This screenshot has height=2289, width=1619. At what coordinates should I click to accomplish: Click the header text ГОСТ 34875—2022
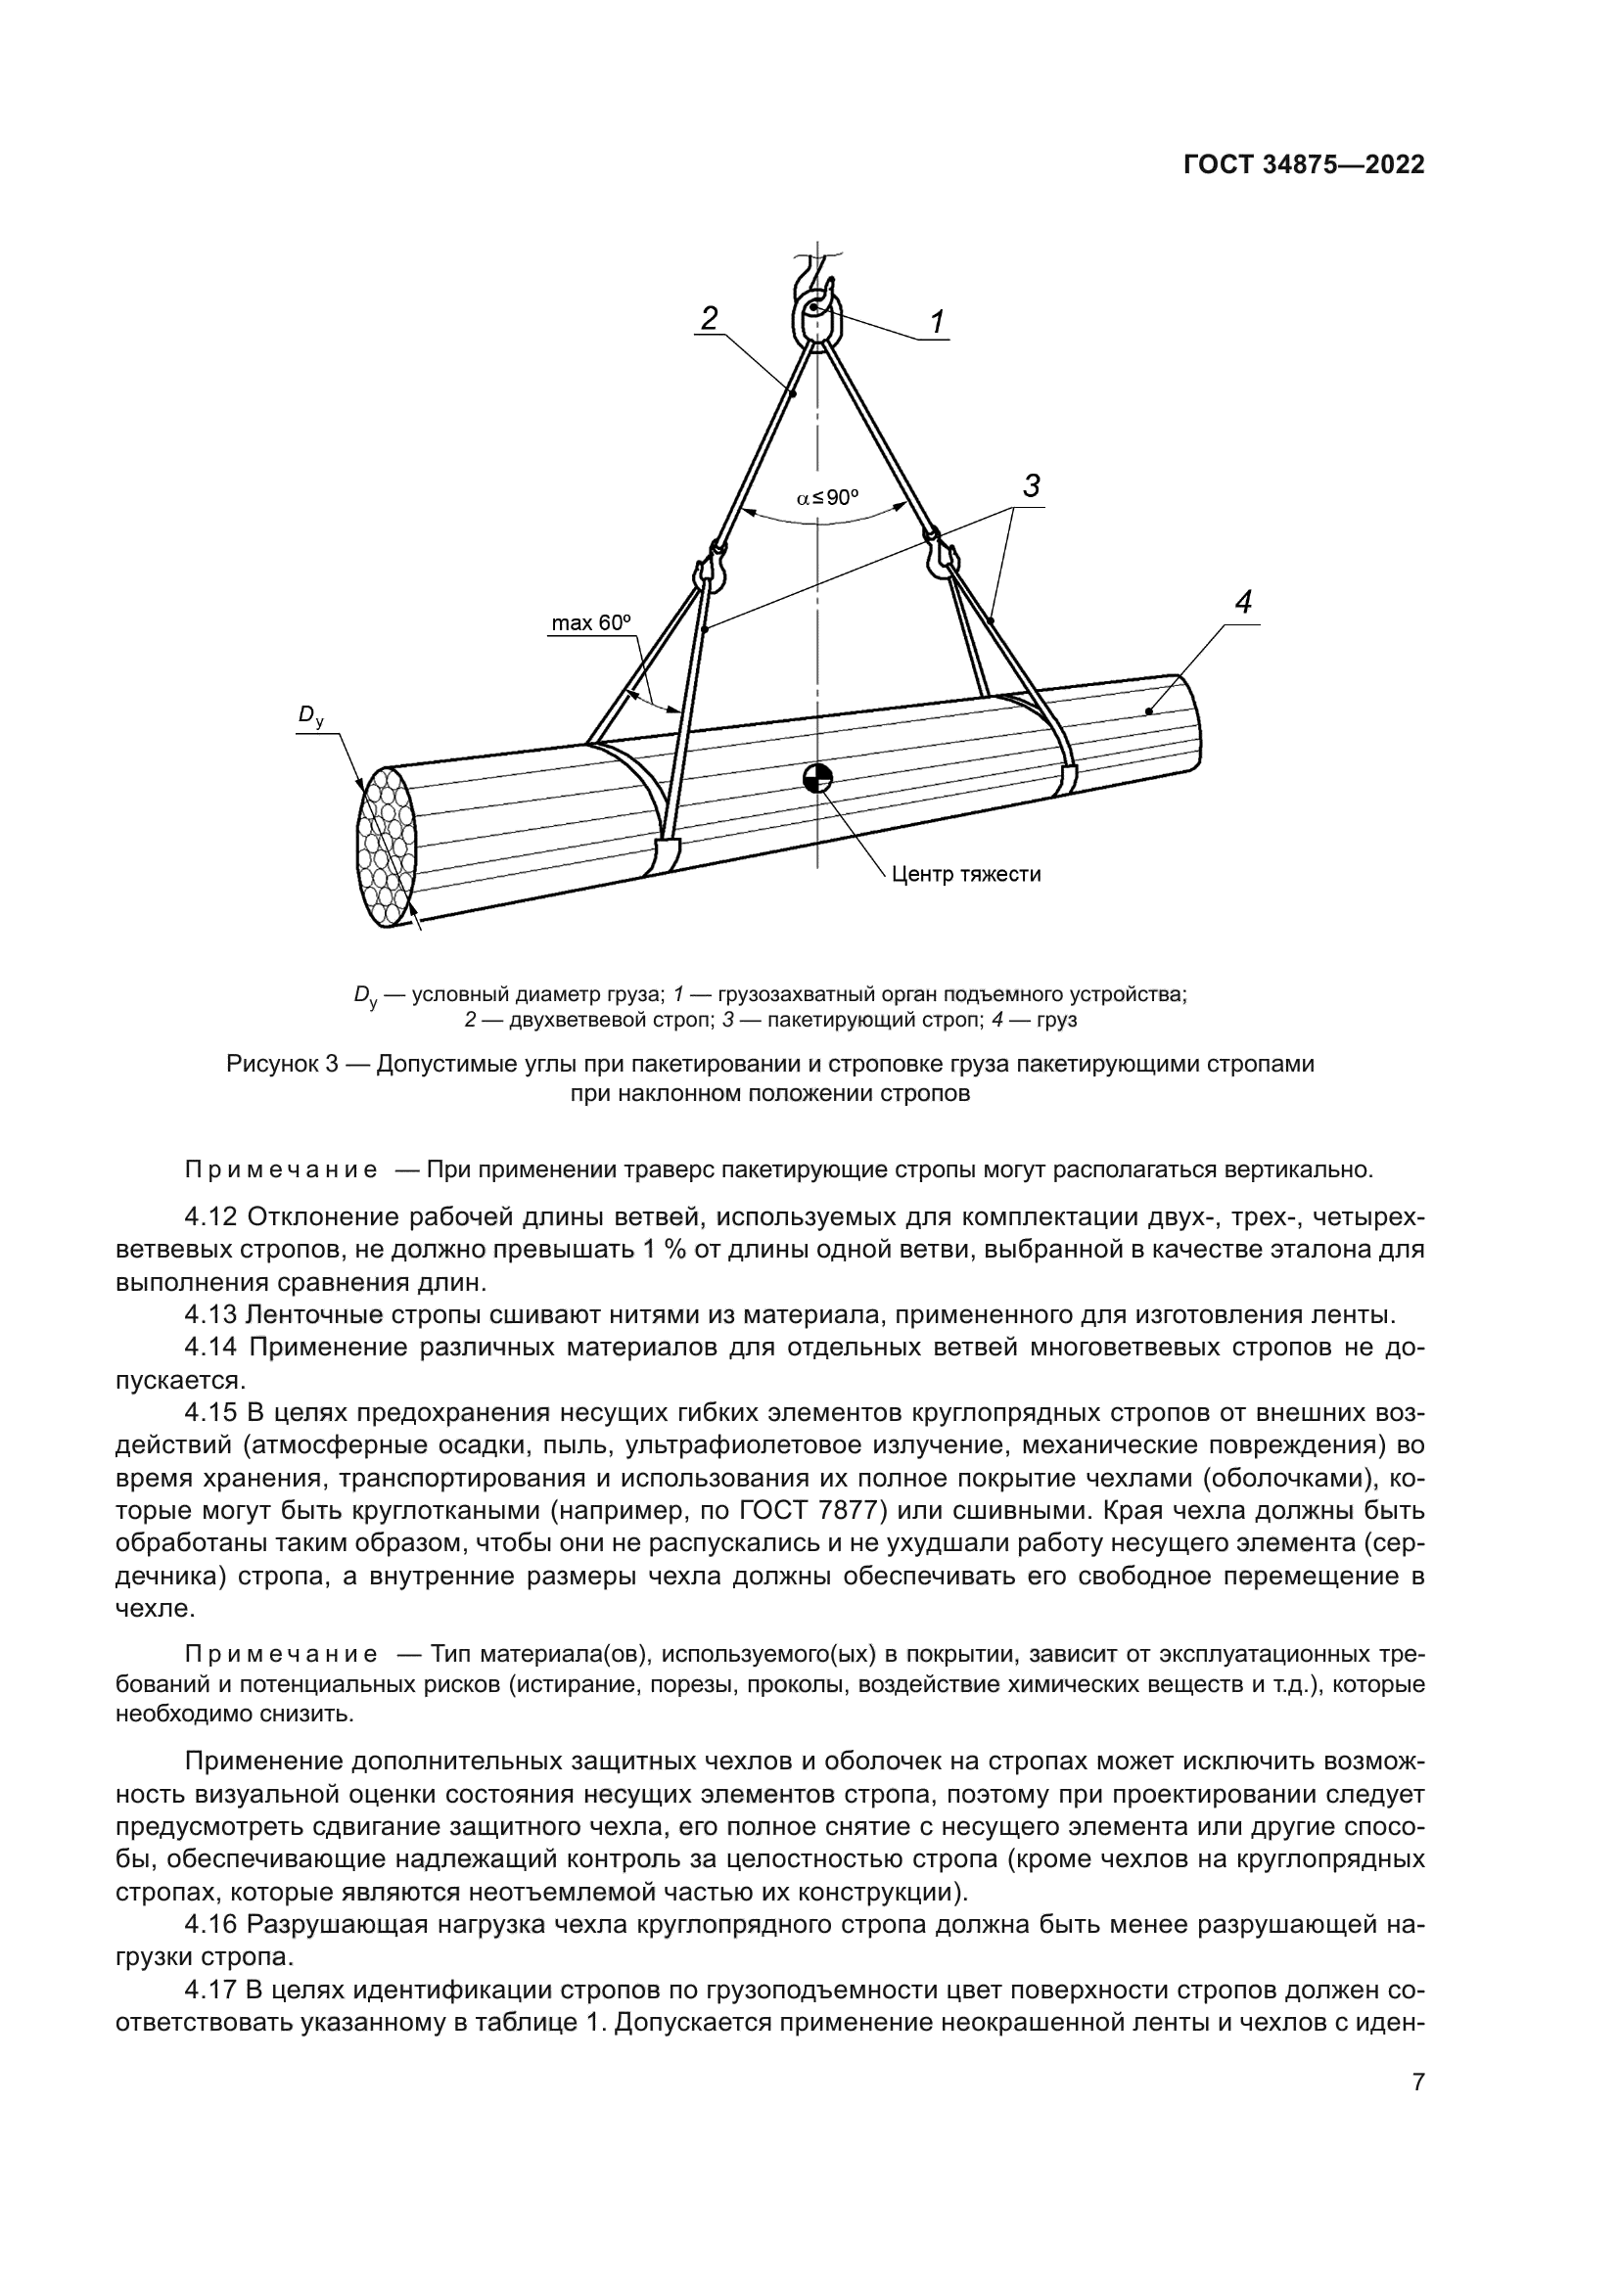point(1303,165)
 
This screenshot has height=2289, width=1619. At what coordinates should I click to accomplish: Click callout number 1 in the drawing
point(937,322)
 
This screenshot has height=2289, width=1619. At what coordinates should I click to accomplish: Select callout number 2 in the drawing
point(709,318)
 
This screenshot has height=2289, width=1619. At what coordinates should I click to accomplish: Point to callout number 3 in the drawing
point(1032,486)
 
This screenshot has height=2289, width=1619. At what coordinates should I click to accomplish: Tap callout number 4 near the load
point(1242,602)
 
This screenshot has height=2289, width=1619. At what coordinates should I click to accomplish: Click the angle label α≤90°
point(826,497)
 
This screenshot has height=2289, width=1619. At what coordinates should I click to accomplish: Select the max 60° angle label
point(592,623)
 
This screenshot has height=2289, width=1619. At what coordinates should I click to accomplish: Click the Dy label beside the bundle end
point(311,715)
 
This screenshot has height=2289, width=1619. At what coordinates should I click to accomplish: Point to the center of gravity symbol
point(817,779)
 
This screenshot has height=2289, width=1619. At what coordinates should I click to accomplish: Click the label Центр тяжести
point(965,874)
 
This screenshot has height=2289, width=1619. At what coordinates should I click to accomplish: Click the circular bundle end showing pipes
point(387,847)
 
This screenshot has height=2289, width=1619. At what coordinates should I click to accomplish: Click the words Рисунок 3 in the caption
point(283,1064)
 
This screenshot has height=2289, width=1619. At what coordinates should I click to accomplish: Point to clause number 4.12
point(210,1217)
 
